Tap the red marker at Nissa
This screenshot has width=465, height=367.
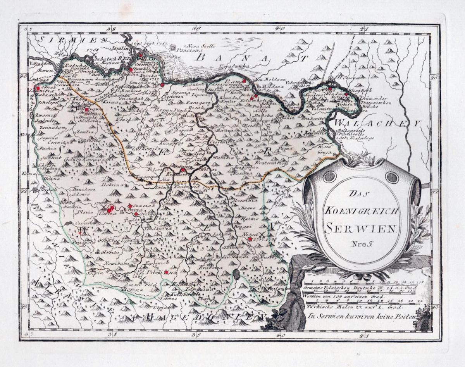250,239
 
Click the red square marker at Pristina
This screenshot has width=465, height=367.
167,272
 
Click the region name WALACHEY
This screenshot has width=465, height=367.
376,124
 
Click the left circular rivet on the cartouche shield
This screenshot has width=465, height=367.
329,176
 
